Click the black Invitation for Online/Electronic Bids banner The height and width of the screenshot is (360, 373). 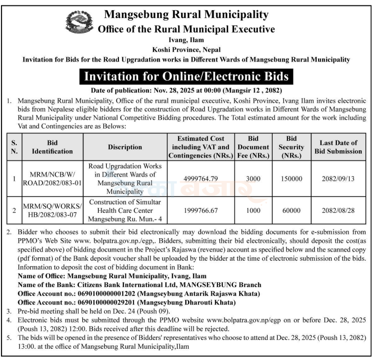186,77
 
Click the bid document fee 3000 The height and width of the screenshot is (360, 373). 253,179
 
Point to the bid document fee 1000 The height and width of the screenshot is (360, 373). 253,210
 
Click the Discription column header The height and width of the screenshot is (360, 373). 125,147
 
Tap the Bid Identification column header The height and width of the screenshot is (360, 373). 52,147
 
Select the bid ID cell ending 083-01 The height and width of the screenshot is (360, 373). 52,179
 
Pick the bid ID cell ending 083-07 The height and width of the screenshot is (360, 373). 52,210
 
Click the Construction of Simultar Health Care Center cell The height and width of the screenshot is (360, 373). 125,210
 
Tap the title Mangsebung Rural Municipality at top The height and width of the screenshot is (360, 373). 186,15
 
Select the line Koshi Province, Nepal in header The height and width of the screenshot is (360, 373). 186,49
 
